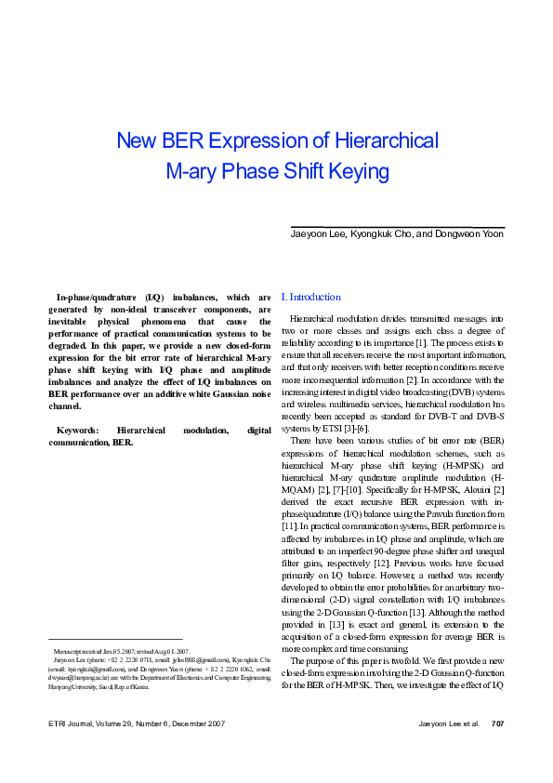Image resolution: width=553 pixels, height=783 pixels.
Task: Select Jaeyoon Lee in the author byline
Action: click(318, 234)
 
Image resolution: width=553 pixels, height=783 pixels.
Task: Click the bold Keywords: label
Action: click(78, 431)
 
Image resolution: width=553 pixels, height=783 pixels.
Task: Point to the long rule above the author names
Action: click(398, 227)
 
